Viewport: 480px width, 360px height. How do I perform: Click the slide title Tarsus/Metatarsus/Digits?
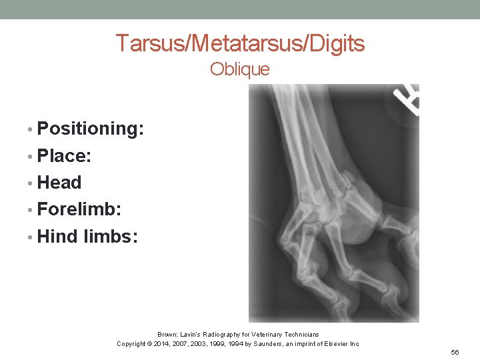(240, 43)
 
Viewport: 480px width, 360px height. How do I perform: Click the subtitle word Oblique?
(240, 69)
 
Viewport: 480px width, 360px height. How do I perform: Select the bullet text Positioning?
(91, 129)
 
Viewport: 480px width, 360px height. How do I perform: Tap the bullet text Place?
(65, 156)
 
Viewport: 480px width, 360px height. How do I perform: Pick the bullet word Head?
(59, 183)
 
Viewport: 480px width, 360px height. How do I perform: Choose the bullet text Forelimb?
(79, 209)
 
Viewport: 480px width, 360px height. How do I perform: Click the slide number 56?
(455, 352)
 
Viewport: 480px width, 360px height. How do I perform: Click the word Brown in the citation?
(167, 334)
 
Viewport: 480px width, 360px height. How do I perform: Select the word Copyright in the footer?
(131, 344)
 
